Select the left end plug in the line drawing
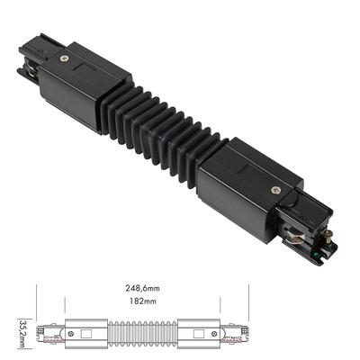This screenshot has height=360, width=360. click(x=54, y=334)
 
